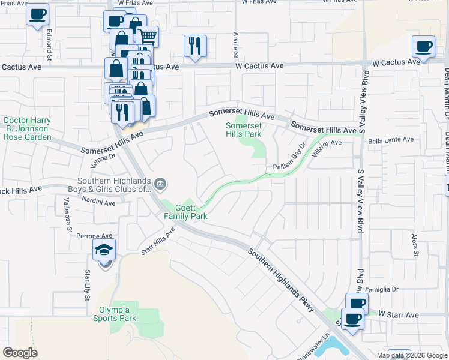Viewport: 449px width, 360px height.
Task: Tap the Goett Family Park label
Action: point(182,211)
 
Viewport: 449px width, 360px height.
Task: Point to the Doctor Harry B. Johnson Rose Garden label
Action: point(27,128)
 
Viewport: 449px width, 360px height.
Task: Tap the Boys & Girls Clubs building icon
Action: point(160,184)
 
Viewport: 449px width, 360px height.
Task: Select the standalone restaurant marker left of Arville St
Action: point(195,45)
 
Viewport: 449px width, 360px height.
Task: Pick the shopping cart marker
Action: point(148,37)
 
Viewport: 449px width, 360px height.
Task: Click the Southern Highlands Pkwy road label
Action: point(282,280)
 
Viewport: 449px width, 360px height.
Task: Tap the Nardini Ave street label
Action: point(98,203)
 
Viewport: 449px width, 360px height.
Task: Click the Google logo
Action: point(20,352)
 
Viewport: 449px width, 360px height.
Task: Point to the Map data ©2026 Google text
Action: point(411,355)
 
